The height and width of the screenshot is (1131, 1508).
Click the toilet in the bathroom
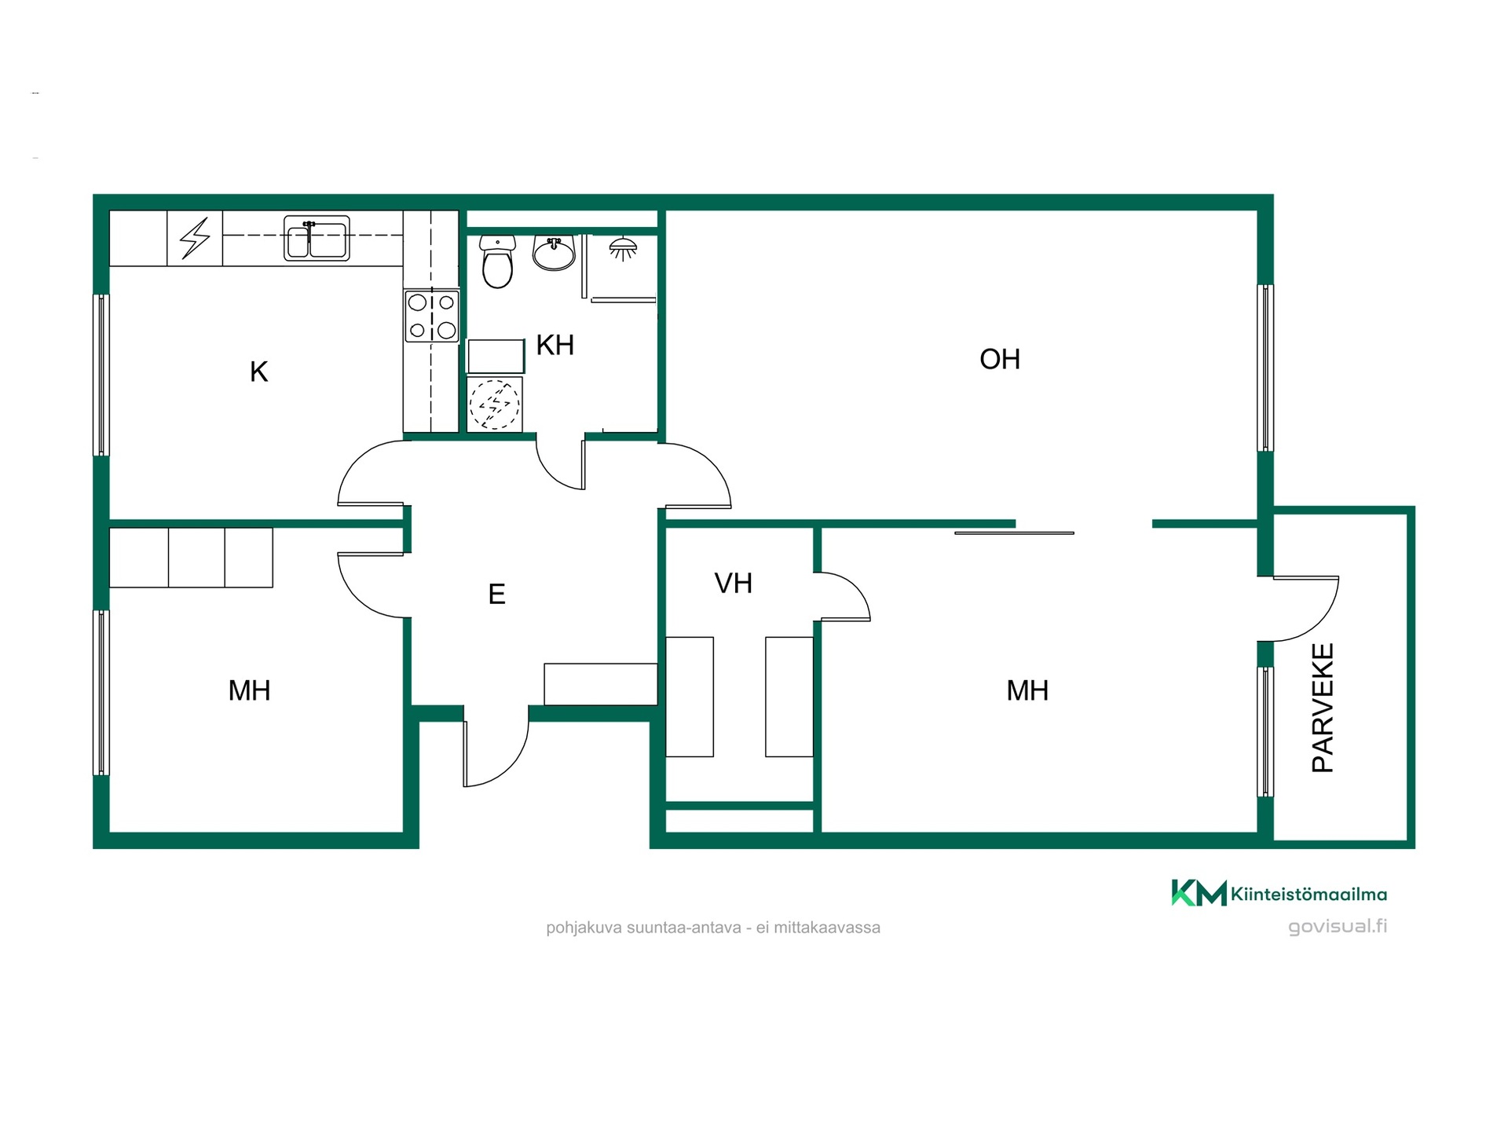click(496, 261)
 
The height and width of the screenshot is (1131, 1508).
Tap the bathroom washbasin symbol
click(554, 252)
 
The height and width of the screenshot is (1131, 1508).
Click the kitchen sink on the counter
click(317, 238)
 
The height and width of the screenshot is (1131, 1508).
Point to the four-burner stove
click(431, 316)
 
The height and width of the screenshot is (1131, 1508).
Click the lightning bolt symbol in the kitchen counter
click(196, 238)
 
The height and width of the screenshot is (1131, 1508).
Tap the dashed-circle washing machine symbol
click(495, 404)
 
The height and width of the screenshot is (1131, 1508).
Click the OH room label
click(999, 359)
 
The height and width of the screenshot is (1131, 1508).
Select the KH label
click(555, 345)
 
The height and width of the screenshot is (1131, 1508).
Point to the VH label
click(734, 583)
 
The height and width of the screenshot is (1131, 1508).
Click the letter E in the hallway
click(496, 594)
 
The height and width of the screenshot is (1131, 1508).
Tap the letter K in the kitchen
click(258, 372)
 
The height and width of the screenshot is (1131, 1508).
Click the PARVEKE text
click(1323, 708)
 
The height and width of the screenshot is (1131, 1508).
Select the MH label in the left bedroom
click(249, 690)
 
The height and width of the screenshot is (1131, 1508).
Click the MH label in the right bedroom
click(1027, 690)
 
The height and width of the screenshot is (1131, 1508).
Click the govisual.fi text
click(1338, 926)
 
